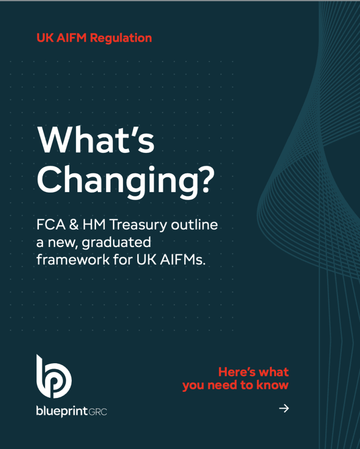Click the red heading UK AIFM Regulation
pos(94,38)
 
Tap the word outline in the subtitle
pos(195,225)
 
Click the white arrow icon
pos(284,409)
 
